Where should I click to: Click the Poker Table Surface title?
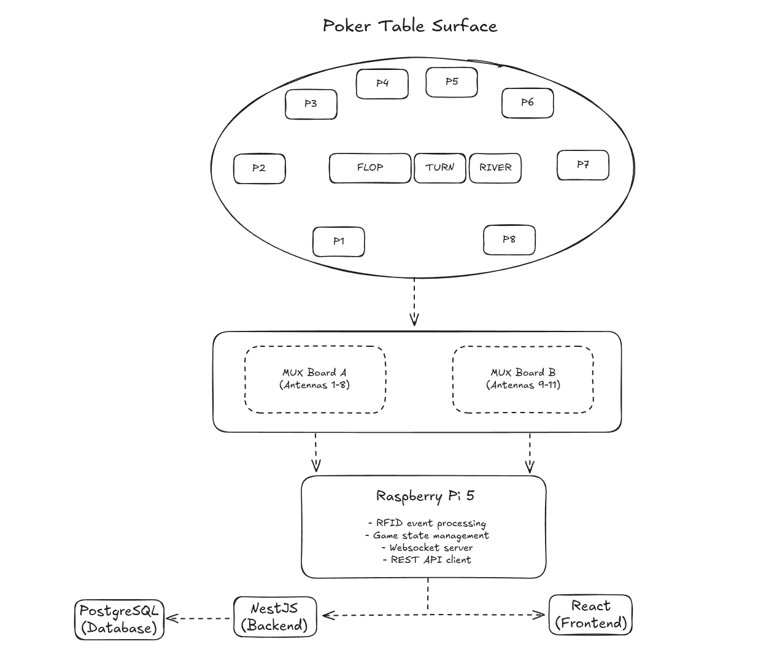click(x=410, y=26)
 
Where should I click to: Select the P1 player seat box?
click(x=339, y=241)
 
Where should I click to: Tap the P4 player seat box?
click(x=382, y=83)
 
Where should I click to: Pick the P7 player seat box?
click(x=583, y=165)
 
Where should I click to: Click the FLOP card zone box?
click(x=370, y=168)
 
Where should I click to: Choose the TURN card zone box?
click(x=440, y=168)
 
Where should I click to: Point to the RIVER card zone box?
click(x=495, y=168)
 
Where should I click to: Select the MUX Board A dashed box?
click(x=315, y=379)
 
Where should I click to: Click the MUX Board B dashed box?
click(x=523, y=379)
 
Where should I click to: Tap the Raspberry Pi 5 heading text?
click(x=425, y=496)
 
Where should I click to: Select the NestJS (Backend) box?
click(x=275, y=616)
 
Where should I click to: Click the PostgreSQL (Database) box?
click(x=120, y=620)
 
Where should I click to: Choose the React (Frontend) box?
click(x=590, y=615)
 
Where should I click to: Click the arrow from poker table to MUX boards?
click(x=414, y=301)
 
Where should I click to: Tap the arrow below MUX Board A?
click(x=315, y=452)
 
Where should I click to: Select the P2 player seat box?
click(x=259, y=168)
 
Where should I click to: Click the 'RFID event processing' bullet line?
click(x=427, y=523)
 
